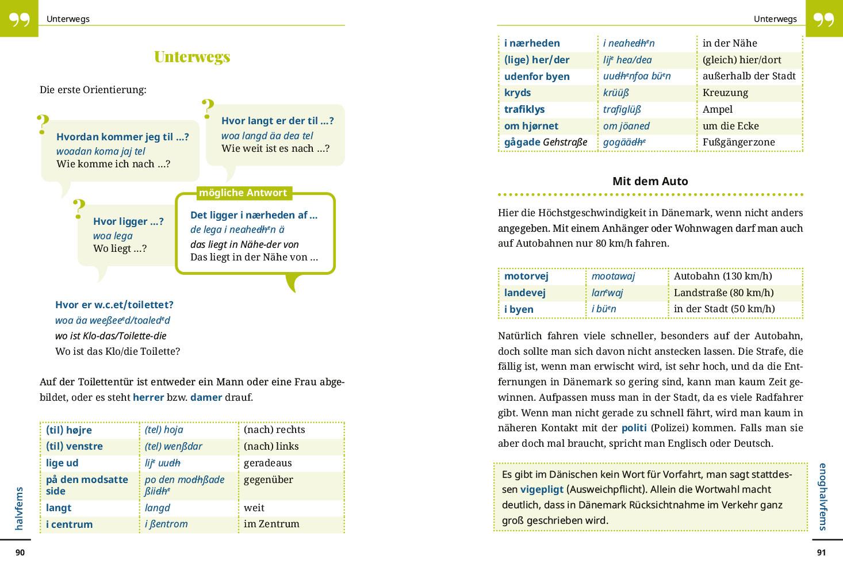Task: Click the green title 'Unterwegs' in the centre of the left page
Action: (192, 56)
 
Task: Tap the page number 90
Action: (20, 553)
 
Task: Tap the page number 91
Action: (821, 553)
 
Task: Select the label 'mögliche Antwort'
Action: (243, 193)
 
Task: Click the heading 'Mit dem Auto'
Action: (650, 181)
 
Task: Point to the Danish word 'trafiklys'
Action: (524, 109)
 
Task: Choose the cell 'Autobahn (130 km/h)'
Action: (722, 276)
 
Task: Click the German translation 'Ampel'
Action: (717, 109)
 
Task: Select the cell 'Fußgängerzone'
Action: (738, 142)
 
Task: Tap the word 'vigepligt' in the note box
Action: (542, 490)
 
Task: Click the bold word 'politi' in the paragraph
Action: (634, 428)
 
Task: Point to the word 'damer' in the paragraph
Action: (206, 397)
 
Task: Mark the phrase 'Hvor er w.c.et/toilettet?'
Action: (114, 305)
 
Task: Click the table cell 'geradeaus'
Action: (267, 463)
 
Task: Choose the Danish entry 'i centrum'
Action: (69, 524)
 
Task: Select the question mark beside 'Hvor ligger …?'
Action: (79, 209)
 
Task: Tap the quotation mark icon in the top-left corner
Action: (19, 19)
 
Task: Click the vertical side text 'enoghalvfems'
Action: (823, 496)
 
